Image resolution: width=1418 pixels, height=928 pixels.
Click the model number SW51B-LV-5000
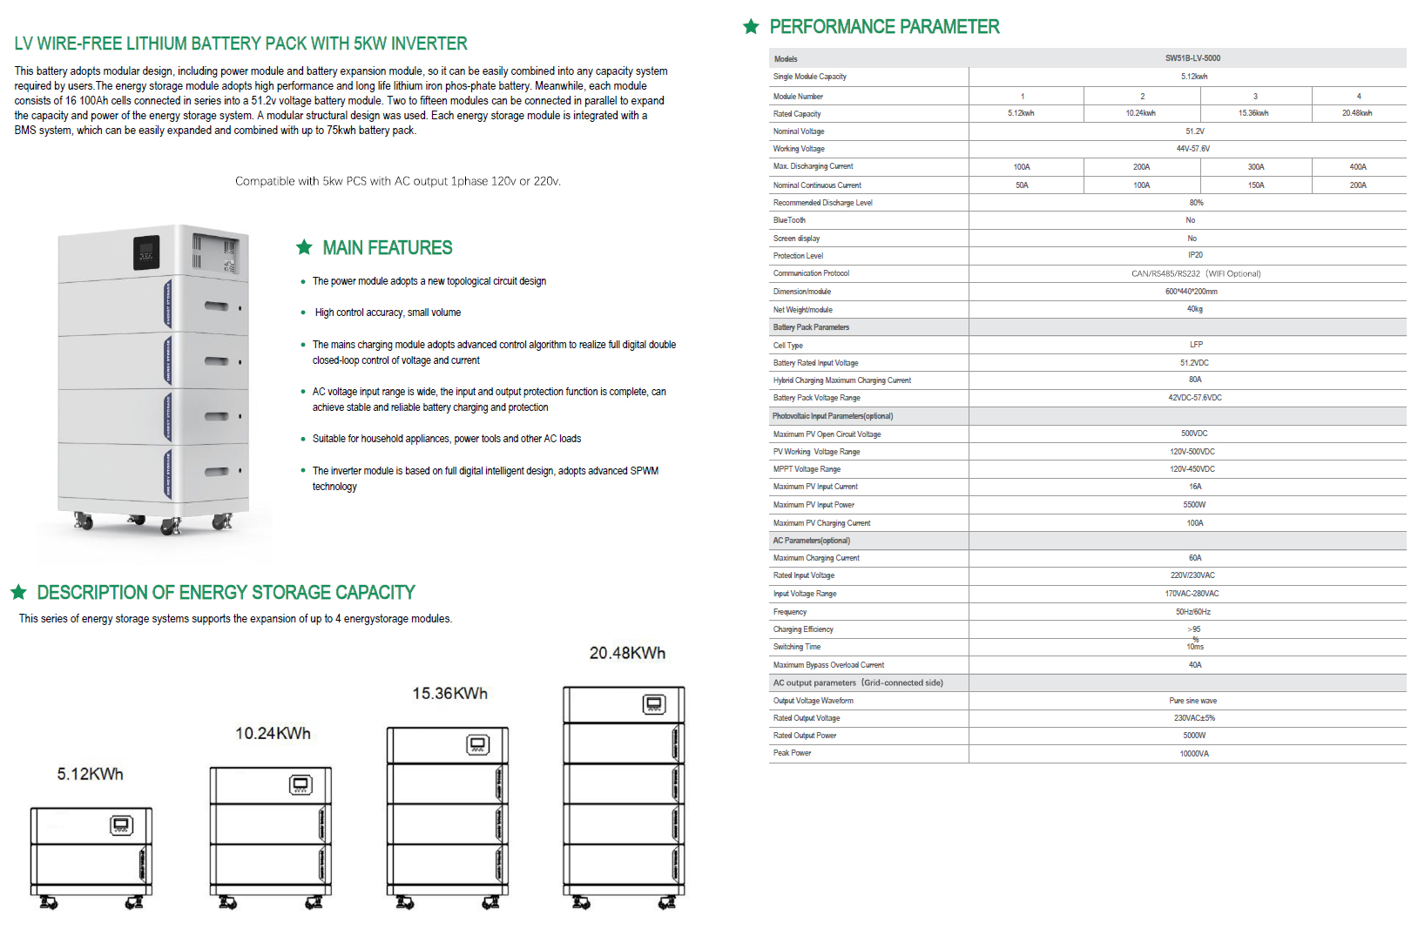coord(1192,58)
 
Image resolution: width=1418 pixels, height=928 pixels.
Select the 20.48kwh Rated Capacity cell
coord(1356,113)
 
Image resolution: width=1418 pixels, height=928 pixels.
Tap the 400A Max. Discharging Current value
coord(1357,167)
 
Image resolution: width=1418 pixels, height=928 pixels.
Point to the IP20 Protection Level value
coord(1195,255)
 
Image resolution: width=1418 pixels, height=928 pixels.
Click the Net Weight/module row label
coord(802,310)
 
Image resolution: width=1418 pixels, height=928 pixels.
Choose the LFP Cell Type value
coord(1196,345)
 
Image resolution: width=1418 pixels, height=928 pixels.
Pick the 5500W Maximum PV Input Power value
coord(1194,505)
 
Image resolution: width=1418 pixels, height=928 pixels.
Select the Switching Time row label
coord(796,647)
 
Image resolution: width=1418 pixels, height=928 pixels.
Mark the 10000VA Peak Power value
coord(1193,754)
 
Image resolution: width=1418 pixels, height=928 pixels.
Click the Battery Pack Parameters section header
coord(810,327)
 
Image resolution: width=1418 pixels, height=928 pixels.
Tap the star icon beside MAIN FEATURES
coord(304,247)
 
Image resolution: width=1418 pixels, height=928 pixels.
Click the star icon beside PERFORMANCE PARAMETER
coord(751,27)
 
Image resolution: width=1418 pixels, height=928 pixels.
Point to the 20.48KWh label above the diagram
coord(627,653)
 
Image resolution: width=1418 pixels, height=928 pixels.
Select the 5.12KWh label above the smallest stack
coord(90,774)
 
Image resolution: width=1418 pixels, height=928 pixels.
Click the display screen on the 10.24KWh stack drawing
coord(300,785)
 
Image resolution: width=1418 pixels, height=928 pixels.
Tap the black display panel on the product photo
coord(146,252)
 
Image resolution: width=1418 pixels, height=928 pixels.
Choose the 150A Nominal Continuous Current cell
coord(1255,185)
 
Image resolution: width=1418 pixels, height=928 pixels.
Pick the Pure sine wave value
coord(1192,701)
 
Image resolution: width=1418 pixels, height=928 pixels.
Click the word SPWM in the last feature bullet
coord(645,471)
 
